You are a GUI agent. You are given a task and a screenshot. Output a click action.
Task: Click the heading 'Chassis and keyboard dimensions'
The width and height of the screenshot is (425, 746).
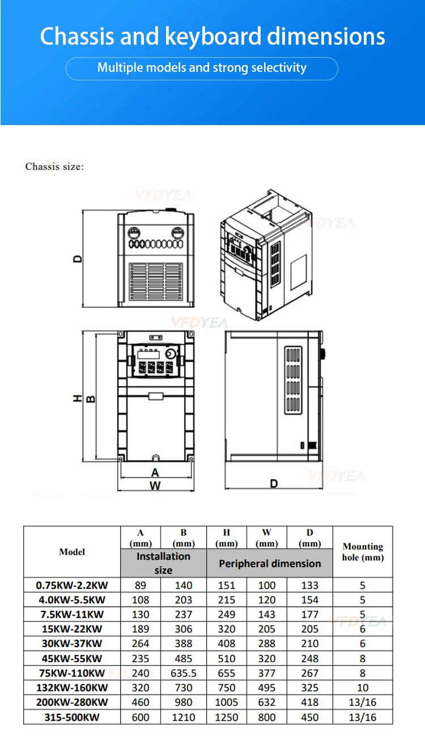[212, 37]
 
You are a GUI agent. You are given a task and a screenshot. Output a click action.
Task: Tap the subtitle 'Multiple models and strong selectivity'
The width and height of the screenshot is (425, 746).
[202, 68]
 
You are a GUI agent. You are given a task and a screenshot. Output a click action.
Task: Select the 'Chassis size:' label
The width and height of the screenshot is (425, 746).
[54, 166]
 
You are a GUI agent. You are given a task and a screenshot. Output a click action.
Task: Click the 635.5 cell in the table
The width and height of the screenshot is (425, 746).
[183, 673]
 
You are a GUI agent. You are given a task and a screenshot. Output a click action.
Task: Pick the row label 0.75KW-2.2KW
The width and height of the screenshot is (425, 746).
[72, 585]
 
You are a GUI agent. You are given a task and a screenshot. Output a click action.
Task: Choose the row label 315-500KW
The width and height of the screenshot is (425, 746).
[72, 717]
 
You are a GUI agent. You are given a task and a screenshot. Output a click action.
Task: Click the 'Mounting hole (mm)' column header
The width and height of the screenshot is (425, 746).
[363, 552]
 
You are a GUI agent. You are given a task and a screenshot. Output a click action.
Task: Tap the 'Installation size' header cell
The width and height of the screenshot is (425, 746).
[163, 563]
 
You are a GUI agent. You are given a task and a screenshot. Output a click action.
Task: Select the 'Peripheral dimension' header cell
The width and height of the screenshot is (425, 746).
[270, 564]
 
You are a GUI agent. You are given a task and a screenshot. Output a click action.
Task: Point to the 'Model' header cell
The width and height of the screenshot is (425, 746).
[72, 552]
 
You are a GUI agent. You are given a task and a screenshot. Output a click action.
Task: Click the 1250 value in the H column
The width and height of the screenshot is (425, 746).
[227, 717]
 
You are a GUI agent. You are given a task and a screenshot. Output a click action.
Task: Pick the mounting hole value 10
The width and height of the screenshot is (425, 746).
[363, 688]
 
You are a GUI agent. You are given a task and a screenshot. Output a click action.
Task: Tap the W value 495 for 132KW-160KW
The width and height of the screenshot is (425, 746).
[267, 688]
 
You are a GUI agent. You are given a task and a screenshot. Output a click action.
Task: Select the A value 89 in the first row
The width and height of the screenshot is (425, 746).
[141, 585]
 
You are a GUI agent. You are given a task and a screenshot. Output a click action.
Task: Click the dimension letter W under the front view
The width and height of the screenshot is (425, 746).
[155, 486]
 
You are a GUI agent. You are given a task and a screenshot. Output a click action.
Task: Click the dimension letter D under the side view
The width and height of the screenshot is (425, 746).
[274, 483]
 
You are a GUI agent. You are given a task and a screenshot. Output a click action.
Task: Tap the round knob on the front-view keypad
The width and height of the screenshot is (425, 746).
[169, 354]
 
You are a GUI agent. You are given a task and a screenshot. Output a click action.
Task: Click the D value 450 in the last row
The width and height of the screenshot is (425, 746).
[309, 717]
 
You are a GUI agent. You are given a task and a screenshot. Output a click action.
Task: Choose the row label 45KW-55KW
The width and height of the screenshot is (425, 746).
[72, 658]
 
